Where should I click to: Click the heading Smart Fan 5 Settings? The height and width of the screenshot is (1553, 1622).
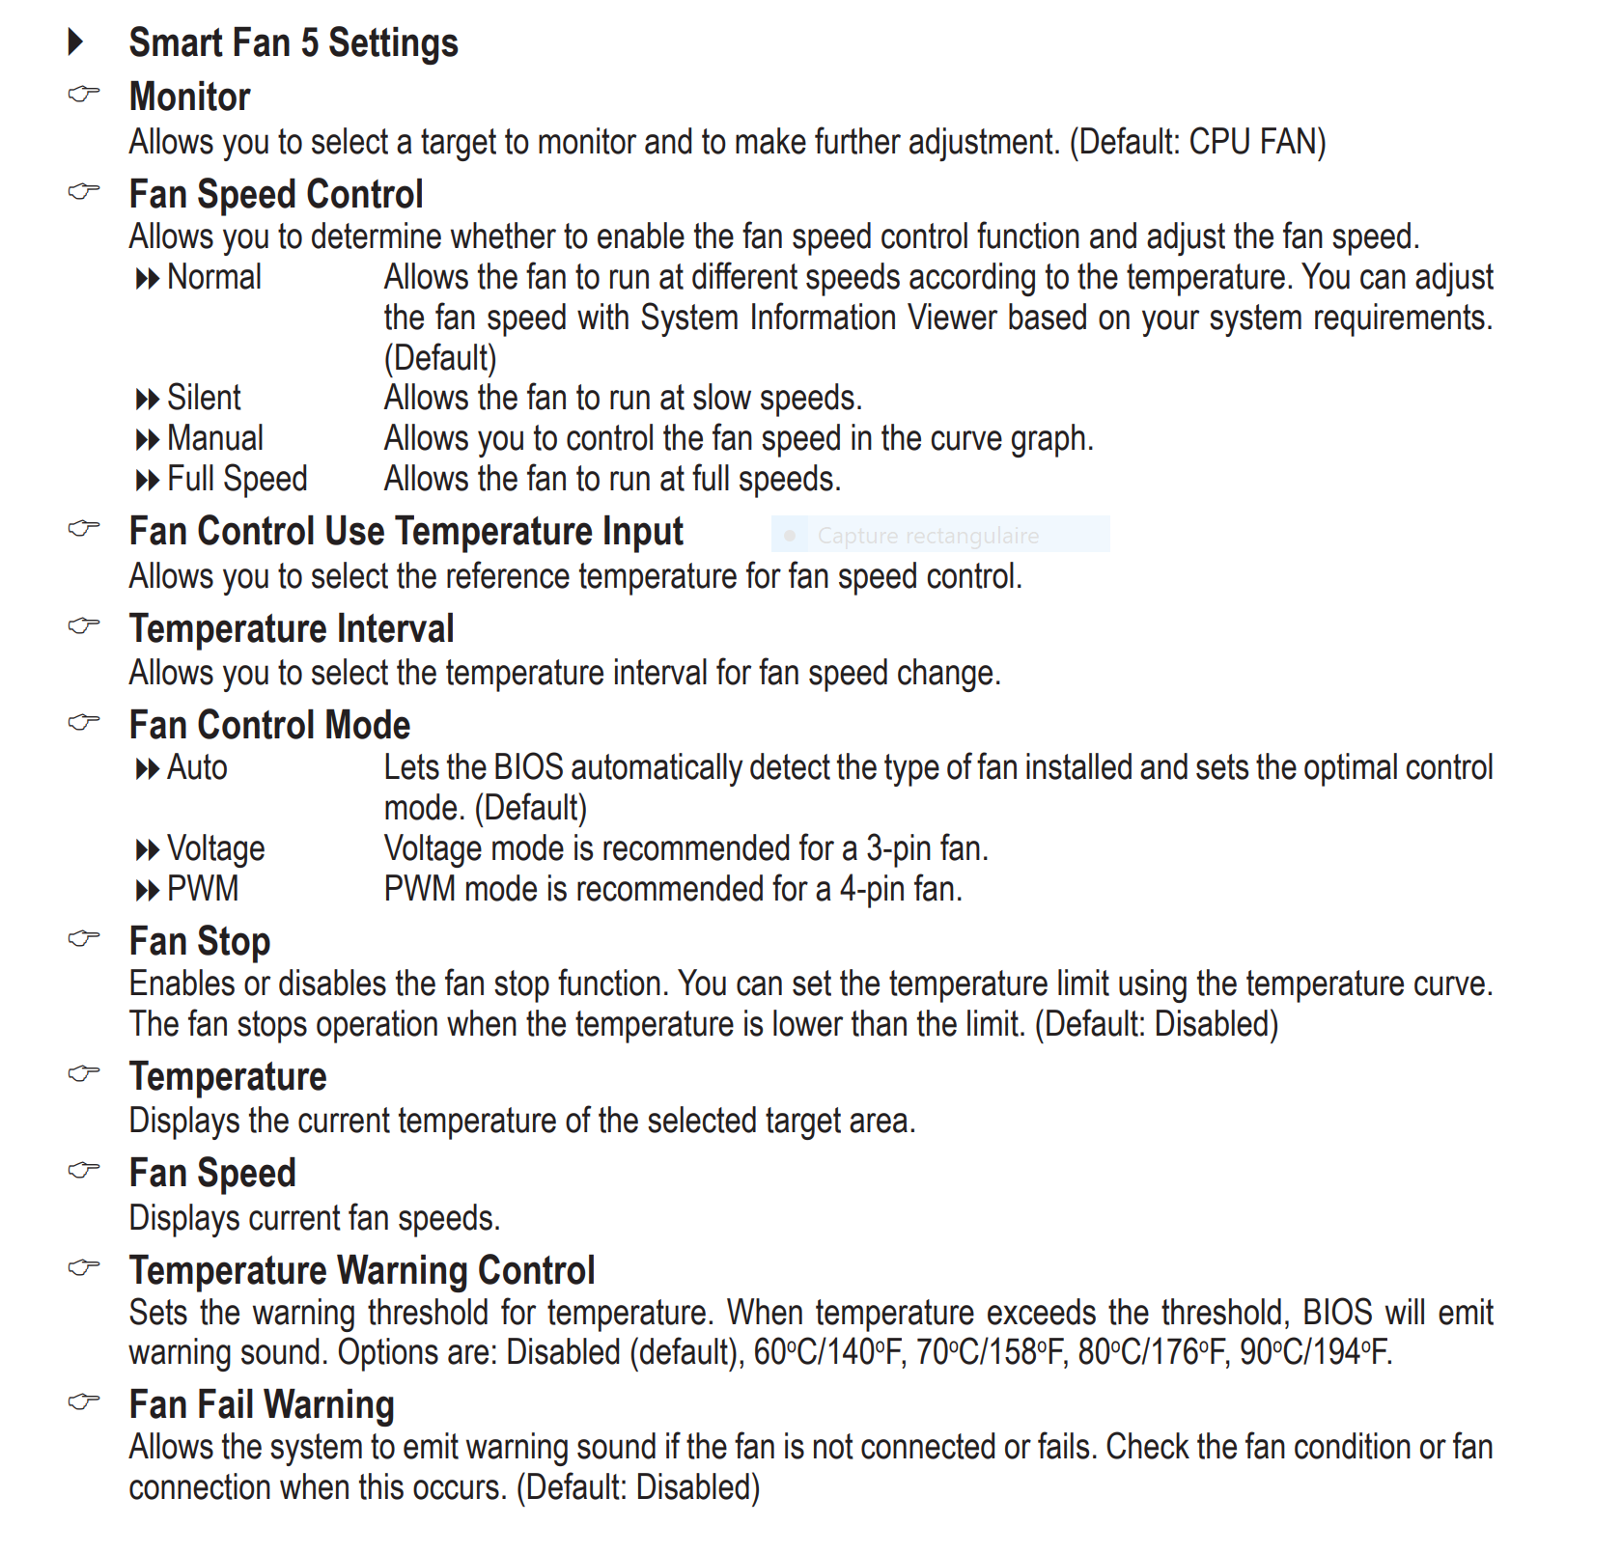pyautogui.click(x=294, y=43)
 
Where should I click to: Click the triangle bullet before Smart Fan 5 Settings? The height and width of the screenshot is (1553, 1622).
pyautogui.click(x=76, y=42)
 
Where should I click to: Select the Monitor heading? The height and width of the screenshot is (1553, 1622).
pyautogui.click(x=189, y=97)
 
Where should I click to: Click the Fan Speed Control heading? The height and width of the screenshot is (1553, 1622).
pyautogui.click(x=276, y=195)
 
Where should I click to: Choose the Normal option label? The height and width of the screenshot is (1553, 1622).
pyautogui.click(x=213, y=278)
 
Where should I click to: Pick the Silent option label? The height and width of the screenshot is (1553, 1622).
pyautogui.click(x=204, y=398)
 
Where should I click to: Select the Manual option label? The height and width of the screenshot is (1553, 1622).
pyautogui.click(x=214, y=438)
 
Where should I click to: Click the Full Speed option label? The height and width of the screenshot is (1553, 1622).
pyautogui.click(x=237, y=479)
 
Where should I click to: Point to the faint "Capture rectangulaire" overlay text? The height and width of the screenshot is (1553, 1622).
pyautogui.click(x=928, y=536)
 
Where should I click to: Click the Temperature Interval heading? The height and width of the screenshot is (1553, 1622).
pyautogui.click(x=292, y=629)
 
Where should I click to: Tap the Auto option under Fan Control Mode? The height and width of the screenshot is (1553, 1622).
pyautogui.click(x=197, y=768)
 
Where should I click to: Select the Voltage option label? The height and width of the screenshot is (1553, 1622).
pyautogui.click(x=215, y=849)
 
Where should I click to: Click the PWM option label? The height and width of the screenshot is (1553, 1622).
pyautogui.click(x=203, y=889)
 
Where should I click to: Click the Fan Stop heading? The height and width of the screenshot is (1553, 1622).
pyautogui.click(x=200, y=942)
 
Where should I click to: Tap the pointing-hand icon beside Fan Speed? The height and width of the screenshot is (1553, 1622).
pyautogui.click(x=84, y=1171)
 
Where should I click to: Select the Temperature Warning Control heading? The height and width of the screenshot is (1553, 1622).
pyautogui.click(x=362, y=1271)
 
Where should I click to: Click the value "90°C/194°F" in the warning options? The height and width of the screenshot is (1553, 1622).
pyautogui.click(x=1314, y=1352)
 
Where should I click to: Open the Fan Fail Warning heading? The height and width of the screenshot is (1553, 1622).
pyautogui.click(x=262, y=1405)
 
